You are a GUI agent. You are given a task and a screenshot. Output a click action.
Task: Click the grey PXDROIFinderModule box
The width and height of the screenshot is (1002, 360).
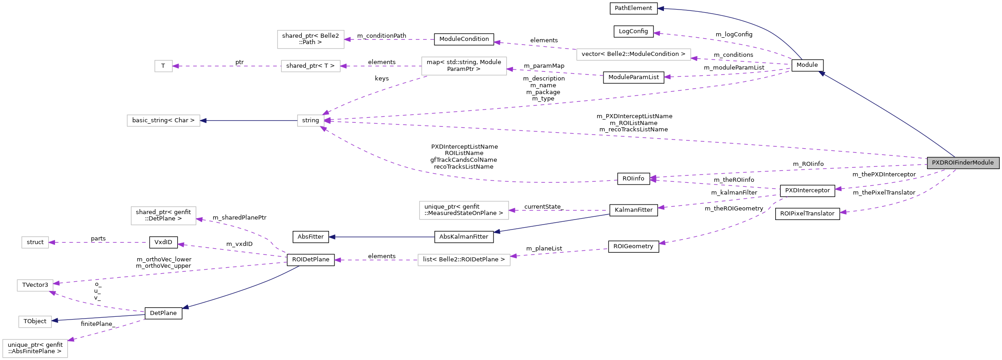(x=963, y=163)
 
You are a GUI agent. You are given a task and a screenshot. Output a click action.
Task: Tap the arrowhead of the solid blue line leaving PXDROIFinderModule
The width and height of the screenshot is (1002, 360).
(x=822, y=73)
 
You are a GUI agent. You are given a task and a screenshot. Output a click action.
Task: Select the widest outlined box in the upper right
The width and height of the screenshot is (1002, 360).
(x=633, y=55)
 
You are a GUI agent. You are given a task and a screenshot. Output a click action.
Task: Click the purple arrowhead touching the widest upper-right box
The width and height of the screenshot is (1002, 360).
(x=694, y=58)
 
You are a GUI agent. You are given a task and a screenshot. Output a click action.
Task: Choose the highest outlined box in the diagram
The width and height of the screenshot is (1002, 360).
(x=310, y=40)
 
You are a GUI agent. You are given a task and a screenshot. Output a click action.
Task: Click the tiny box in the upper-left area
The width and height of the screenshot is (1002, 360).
(x=164, y=66)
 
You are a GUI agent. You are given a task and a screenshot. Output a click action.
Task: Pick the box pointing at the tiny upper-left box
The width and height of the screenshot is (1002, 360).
(x=310, y=66)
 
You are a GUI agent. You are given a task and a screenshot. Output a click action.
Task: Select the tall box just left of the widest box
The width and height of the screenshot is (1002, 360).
(x=464, y=66)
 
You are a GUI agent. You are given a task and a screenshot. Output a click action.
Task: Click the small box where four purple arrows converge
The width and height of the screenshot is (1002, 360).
(x=311, y=120)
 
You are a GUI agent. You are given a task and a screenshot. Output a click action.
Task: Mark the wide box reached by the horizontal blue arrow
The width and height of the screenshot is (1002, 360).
(x=164, y=120)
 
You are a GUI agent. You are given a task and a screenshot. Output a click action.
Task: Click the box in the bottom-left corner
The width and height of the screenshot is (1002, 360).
(x=35, y=349)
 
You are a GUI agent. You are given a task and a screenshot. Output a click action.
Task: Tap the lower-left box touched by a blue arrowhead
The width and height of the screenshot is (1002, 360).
(x=35, y=322)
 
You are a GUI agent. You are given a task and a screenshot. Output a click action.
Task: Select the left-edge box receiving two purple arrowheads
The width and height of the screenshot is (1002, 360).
(x=35, y=285)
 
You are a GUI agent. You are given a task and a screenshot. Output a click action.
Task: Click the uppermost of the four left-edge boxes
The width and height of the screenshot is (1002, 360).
(x=35, y=242)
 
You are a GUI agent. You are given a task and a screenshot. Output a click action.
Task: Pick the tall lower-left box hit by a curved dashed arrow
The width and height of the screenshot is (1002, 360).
(x=164, y=216)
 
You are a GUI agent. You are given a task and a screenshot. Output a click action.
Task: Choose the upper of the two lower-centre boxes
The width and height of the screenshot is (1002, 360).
(x=464, y=210)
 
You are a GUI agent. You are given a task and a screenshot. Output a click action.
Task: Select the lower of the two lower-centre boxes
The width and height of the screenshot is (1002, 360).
(x=464, y=260)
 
